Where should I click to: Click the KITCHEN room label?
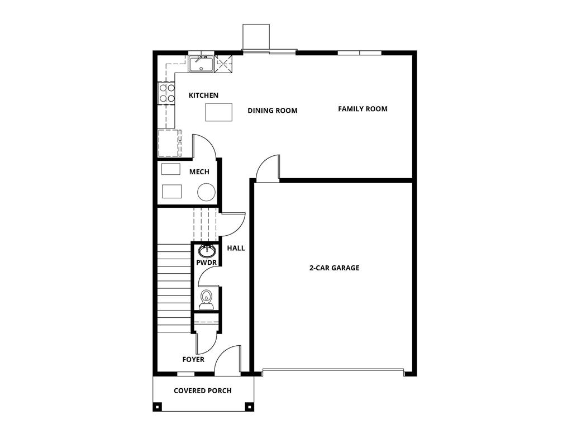pyautogui.click(x=203, y=96)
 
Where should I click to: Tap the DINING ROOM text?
pyautogui.click(x=273, y=111)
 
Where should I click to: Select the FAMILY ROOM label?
pyautogui.click(x=363, y=109)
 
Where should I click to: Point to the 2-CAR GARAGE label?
pyautogui.click(x=335, y=268)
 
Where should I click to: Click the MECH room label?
pyautogui.click(x=199, y=172)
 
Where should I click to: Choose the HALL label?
pyautogui.click(x=236, y=248)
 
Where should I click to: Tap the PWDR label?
pyautogui.click(x=206, y=263)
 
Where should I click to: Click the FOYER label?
pyautogui.click(x=193, y=360)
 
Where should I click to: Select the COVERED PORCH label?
pyautogui.click(x=203, y=390)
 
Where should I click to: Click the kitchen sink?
pyautogui.click(x=201, y=64)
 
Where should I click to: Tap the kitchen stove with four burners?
pyautogui.click(x=166, y=93)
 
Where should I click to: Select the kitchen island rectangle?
pyautogui.click(x=219, y=112)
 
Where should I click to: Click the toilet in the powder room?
pyautogui.click(x=206, y=299)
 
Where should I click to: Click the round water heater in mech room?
pyautogui.click(x=206, y=192)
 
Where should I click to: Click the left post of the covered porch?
pyautogui.click(x=158, y=406)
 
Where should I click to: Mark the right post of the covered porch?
pyautogui.click(x=250, y=406)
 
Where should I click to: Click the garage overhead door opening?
pyautogui.click(x=333, y=370)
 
